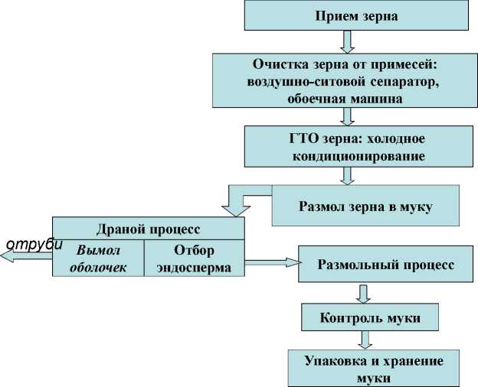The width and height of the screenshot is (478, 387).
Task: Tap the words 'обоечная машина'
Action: click(345, 99)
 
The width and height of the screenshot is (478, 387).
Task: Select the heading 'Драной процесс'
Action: click(149, 229)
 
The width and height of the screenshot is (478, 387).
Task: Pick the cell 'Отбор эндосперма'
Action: click(194, 259)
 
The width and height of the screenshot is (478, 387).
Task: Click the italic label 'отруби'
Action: click(33, 245)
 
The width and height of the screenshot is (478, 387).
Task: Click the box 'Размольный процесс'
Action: click(386, 265)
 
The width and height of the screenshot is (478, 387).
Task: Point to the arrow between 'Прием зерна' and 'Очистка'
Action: click(349, 42)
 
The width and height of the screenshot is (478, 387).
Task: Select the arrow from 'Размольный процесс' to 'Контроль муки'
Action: click(365, 293)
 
